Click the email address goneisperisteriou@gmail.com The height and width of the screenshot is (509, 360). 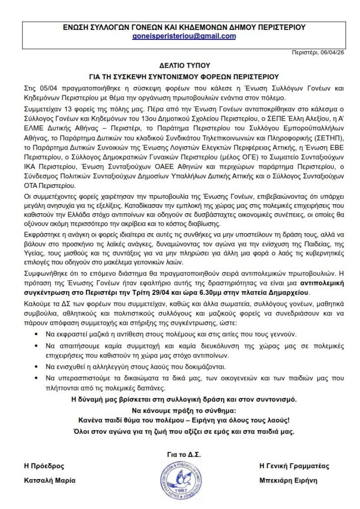tap(180, 36)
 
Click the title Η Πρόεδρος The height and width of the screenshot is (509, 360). tap(44, 466)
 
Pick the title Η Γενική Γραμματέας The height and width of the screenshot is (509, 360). tap(294, 466)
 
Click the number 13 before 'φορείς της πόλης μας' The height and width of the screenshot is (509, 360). tap(61, 108)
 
